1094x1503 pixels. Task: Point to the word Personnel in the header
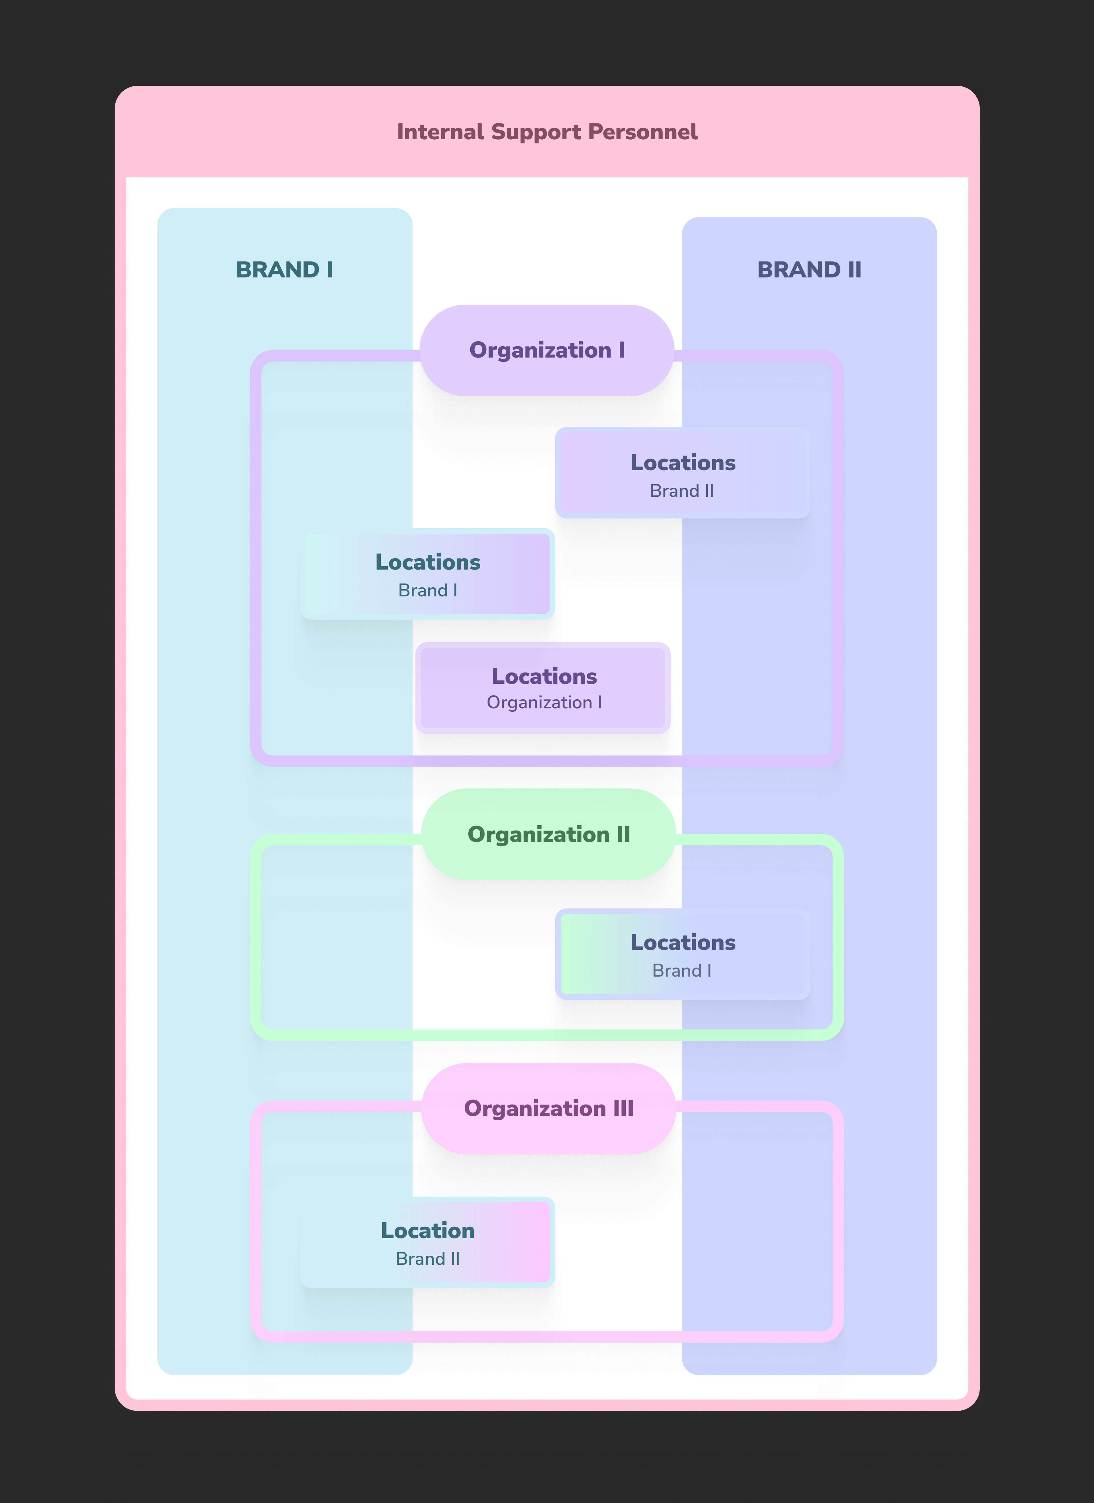click(643, 132)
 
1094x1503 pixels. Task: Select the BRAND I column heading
click(284, 270)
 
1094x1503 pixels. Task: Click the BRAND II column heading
click(809, 270)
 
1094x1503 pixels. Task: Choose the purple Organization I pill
click(547, 351)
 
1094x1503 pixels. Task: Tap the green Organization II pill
click(549, 834)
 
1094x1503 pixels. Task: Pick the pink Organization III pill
click(549, 1109)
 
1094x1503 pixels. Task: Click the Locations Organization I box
click(543, 688)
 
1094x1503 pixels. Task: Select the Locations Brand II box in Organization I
click(683, 473)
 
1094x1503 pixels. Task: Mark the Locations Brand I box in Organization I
click(427, 574)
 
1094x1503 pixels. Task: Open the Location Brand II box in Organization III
click(427, 1243)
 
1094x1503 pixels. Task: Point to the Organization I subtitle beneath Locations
click(544, 702)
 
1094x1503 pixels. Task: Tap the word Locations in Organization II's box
click(683, 942)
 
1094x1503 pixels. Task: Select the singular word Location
click(427, 1231)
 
